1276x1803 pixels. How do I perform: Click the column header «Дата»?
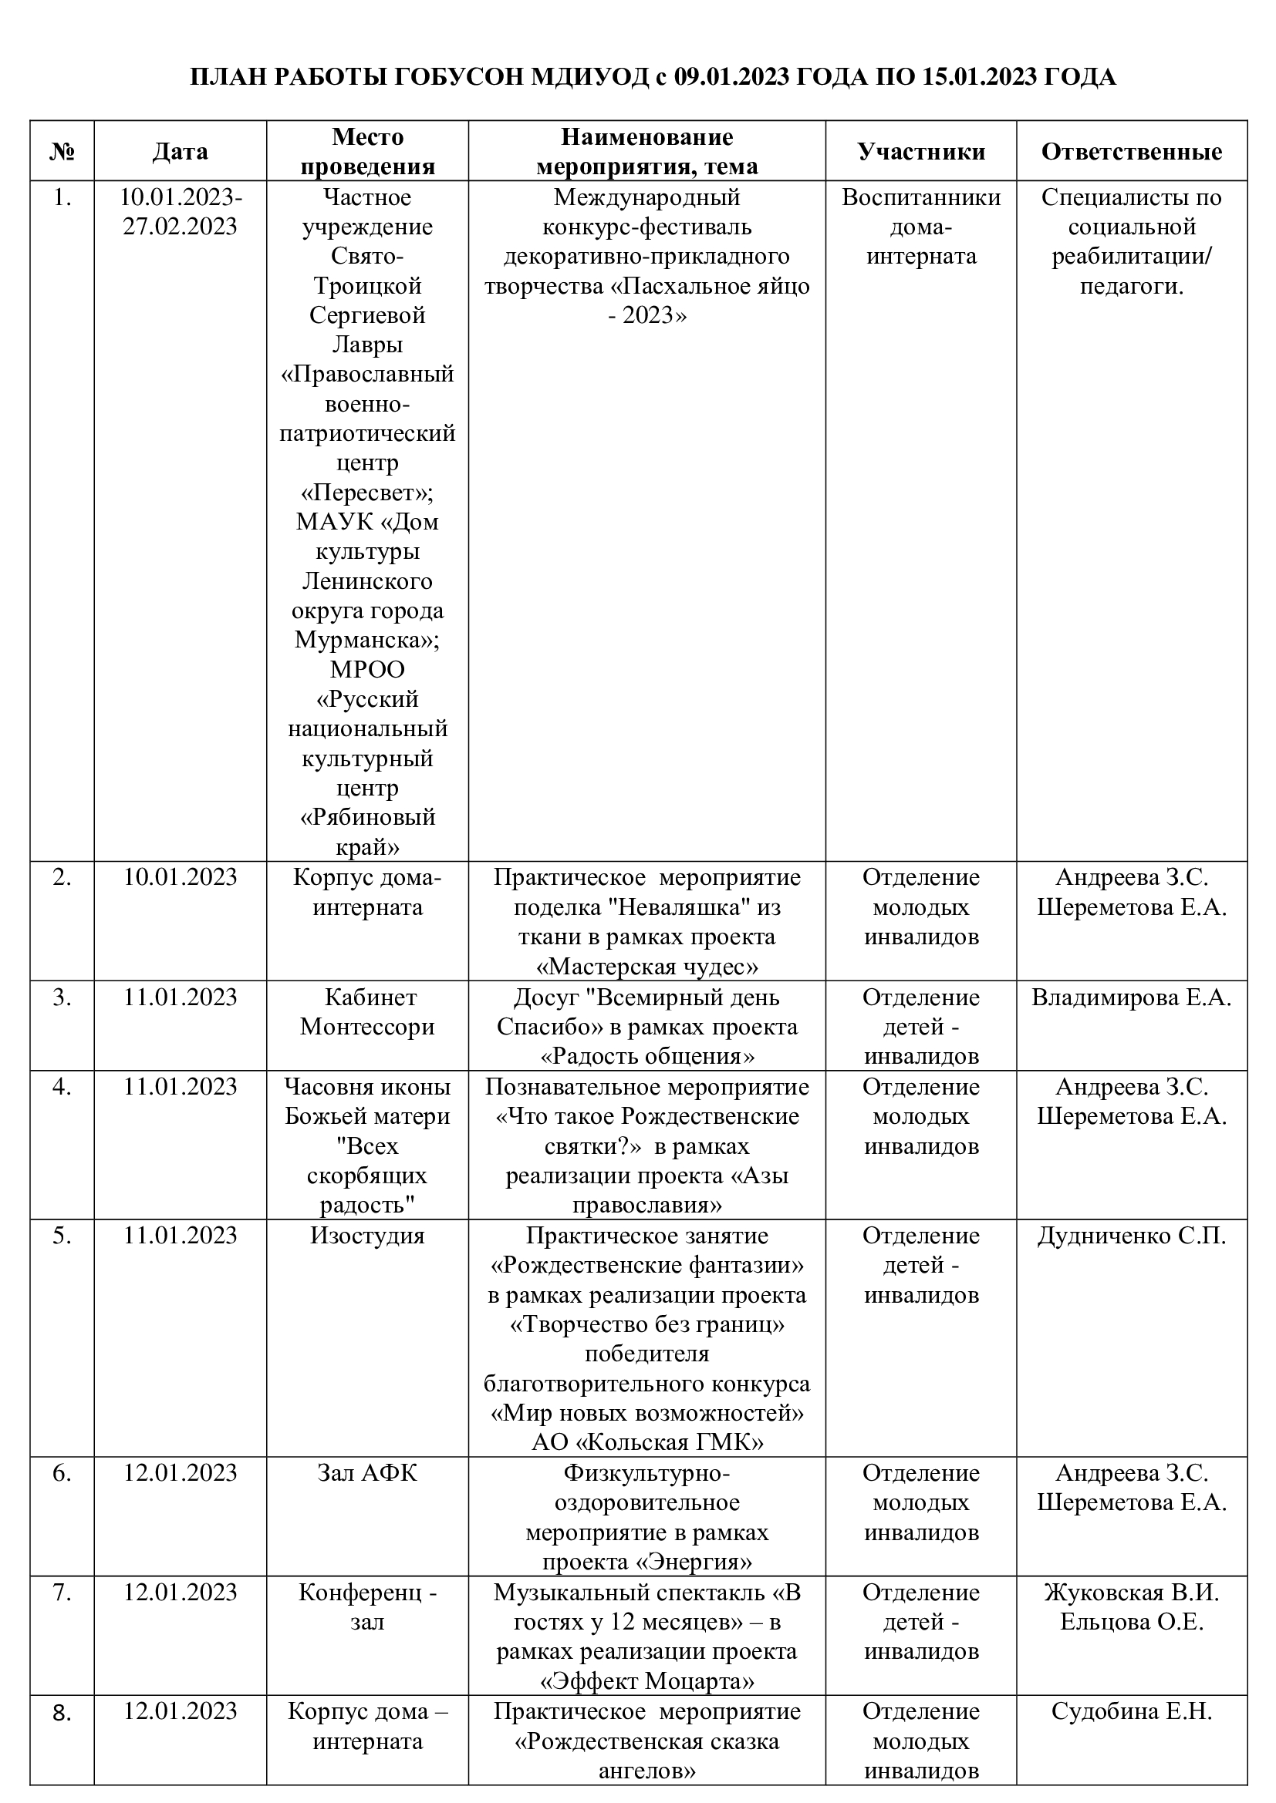[x=180, y=152]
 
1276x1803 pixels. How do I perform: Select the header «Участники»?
[x=921, y=152]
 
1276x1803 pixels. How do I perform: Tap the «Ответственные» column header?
[x=1132, y=152]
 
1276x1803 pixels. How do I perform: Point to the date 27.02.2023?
[x=180, y=227]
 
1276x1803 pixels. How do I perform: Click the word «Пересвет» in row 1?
[x=367, y=493]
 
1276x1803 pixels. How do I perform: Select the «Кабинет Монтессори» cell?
[x=367, y=1012]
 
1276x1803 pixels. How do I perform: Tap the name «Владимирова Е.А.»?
[x=1132, y=997]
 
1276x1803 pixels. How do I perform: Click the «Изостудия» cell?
[x=367, y=1235]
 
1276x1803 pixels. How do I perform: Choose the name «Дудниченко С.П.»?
[x=1132, y=1235]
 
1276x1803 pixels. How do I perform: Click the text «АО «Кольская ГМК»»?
[x=647, y=1442]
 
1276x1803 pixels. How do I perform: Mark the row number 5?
[x=62, y=1235]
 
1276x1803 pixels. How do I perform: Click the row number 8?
[x=62, y=1712]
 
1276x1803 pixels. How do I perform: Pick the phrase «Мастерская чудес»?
[x=647, y=967]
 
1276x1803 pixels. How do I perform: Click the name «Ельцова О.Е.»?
[x=1132, y=1622]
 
